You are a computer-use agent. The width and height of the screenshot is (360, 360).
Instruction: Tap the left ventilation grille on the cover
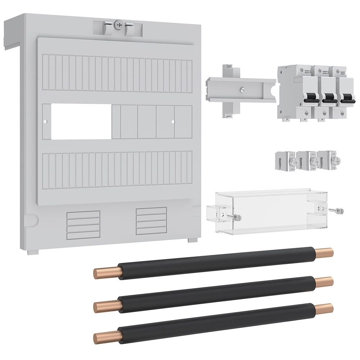(83, 225)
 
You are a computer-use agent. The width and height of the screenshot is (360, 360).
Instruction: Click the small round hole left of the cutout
(45, 122)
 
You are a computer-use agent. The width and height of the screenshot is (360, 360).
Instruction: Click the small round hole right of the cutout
(173, 122)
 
